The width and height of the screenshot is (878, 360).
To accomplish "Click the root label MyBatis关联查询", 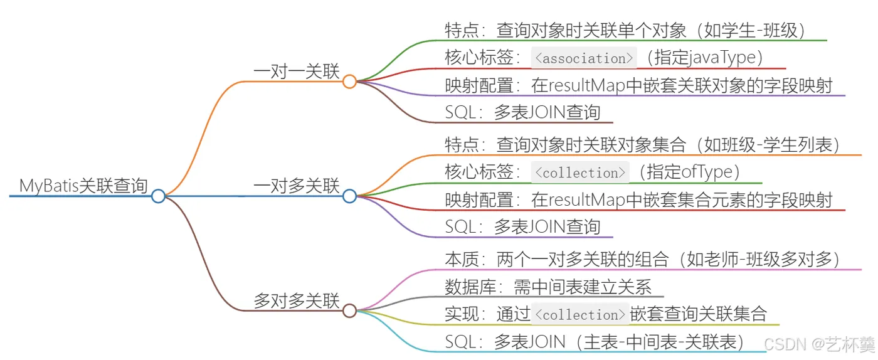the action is click(x=83, y=186).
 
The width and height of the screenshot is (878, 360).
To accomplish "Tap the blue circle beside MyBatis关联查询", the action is click(x=158, y=196).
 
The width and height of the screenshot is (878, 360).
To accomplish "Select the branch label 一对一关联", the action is click(x=296, y=71).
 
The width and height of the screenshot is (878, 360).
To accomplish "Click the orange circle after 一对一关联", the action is click(x=349, y=82).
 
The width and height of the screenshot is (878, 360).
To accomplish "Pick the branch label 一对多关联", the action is click(x=296, y=186).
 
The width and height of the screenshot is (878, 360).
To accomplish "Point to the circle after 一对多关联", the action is click(x=349, y=196).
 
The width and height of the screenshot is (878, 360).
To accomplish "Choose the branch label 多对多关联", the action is click(x=296, y=301).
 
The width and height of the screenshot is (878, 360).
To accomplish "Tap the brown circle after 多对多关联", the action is click(x=349, y=310).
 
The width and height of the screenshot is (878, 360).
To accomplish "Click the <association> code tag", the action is click(x=584, y=58).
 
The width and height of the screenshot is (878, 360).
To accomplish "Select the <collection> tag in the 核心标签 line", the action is click(x=580, y=172).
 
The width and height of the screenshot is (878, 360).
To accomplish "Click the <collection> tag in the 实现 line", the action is click(x=580, y=314).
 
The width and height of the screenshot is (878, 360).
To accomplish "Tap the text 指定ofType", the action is click(x=689, y=172).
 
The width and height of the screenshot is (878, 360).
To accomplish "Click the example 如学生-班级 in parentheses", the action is click(x=751, y=31).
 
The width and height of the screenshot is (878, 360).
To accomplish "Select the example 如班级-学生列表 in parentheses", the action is click(x=768, y=145).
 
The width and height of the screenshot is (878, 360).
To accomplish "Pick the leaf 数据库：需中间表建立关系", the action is click(x=548, y=287).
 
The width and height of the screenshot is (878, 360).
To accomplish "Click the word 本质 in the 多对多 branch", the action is click(x=462, y=260).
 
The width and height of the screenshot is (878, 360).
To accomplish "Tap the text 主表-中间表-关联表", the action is click(x=660, y=342).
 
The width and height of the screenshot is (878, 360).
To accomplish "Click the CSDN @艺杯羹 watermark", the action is click(x=819, y=344).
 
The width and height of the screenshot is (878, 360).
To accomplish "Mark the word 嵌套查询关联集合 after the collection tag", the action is click(x=698, y=314).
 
